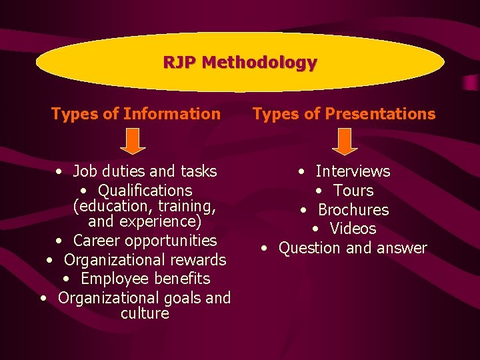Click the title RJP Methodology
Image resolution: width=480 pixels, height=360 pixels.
[x=240, y=63]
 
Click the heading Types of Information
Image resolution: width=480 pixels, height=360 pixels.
[x=135, y=114]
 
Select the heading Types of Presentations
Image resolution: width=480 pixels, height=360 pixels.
[x=344, y=114]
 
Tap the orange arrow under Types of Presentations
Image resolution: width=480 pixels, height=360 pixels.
[x=344, y=141]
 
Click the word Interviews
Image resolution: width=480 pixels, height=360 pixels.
[x=353, y=171]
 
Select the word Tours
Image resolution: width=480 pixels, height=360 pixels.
[x=353, y=191]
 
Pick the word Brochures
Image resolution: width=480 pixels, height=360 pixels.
[x=353, y=210]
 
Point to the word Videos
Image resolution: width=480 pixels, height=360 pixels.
[x=353, y=229]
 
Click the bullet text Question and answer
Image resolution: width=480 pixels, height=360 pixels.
[x=353, y=248]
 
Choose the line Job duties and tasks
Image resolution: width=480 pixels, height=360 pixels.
[x=145, y=171]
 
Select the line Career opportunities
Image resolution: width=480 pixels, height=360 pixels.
[x=145, y=240]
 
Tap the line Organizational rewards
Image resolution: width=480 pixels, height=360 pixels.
[x=145, y=259]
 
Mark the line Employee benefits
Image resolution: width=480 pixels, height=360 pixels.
[x=145, y=279]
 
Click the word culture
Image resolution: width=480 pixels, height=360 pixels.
[x=145, y=313]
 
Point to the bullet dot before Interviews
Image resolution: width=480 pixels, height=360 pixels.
[x=302, y=172]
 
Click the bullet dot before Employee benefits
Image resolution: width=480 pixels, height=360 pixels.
[x=67, y=279]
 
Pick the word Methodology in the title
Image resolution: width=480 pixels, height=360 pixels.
[x=259, y=63]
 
